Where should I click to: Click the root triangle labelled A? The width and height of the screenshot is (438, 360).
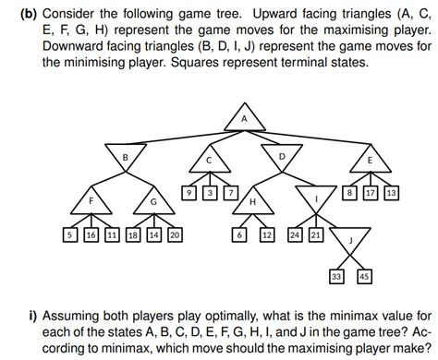coord(244,120)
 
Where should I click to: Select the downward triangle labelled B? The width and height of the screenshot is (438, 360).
coord(125,157)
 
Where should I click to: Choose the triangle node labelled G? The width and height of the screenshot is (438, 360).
coord(153,201)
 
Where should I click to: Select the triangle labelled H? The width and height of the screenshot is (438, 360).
coord(252,201)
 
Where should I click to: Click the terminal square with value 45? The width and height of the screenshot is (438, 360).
coord(363,275)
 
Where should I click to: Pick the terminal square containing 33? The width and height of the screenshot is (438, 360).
coord(336,275)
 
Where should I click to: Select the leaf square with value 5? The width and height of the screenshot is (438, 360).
coord(70,235)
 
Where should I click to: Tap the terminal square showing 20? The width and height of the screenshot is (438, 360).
coord(174,235)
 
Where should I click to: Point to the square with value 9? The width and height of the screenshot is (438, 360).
coord(189,193)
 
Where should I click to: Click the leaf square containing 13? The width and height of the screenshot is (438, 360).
coord(391,193)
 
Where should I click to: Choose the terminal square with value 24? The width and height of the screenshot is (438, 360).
coord(296,235)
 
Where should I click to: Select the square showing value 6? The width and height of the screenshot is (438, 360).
coord(239,235)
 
